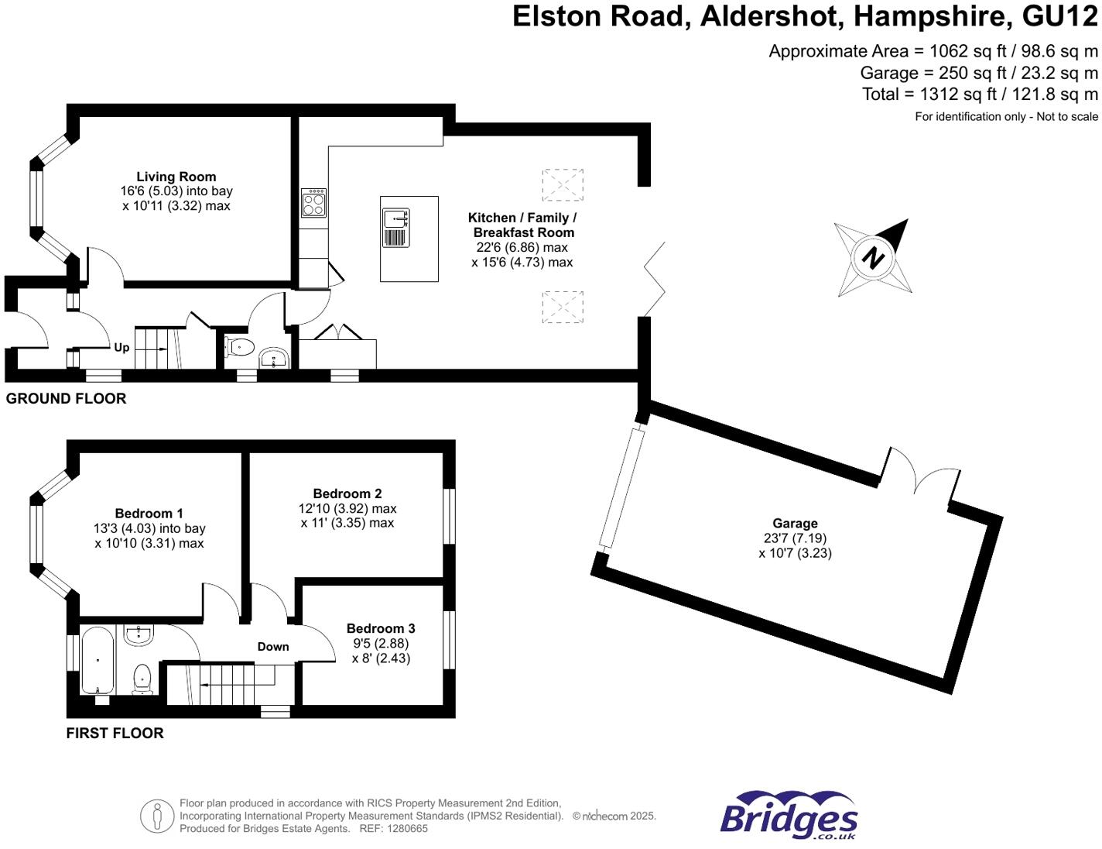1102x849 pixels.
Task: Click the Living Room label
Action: coord(176,177)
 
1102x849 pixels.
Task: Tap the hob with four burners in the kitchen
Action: coord(313,204)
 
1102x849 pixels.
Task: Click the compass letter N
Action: coord(873,257)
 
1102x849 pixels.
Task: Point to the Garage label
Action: coord(795,524)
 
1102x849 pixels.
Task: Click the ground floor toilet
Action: coord(240,348)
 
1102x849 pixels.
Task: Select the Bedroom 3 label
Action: coord(381,628)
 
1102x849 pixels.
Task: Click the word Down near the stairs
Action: coord(273,647)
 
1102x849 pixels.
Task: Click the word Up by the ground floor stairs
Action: coord(121,348)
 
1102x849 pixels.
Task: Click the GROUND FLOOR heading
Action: coord(66,399)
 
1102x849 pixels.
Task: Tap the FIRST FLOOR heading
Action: coord(115,734)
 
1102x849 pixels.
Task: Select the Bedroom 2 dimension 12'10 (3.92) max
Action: coord(347,509)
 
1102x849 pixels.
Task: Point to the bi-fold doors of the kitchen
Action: coord(655,279)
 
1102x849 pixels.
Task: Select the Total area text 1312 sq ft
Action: coord(980,95)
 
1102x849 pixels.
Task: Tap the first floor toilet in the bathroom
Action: coord(142,678)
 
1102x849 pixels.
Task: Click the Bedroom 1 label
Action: coord(149,514)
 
